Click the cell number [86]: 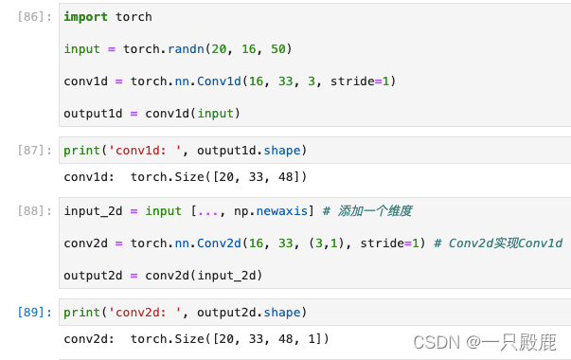[36, 16]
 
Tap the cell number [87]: [36, 150]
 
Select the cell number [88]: [36, 210]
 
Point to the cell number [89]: [36, 312]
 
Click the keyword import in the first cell [86, 17]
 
